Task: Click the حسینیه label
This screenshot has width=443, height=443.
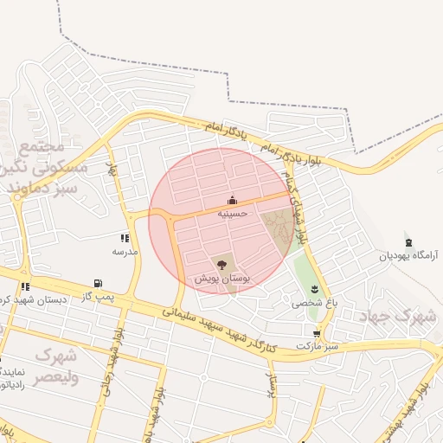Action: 232,213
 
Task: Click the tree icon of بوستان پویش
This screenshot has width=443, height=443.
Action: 221,264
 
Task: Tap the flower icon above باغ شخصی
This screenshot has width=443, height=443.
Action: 314,288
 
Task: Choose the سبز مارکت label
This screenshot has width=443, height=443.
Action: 316,345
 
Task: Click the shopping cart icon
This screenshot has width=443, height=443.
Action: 318,332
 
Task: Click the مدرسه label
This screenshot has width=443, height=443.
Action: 125,251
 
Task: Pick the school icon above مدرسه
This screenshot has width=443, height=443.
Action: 125,238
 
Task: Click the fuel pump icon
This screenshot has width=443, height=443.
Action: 97,283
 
